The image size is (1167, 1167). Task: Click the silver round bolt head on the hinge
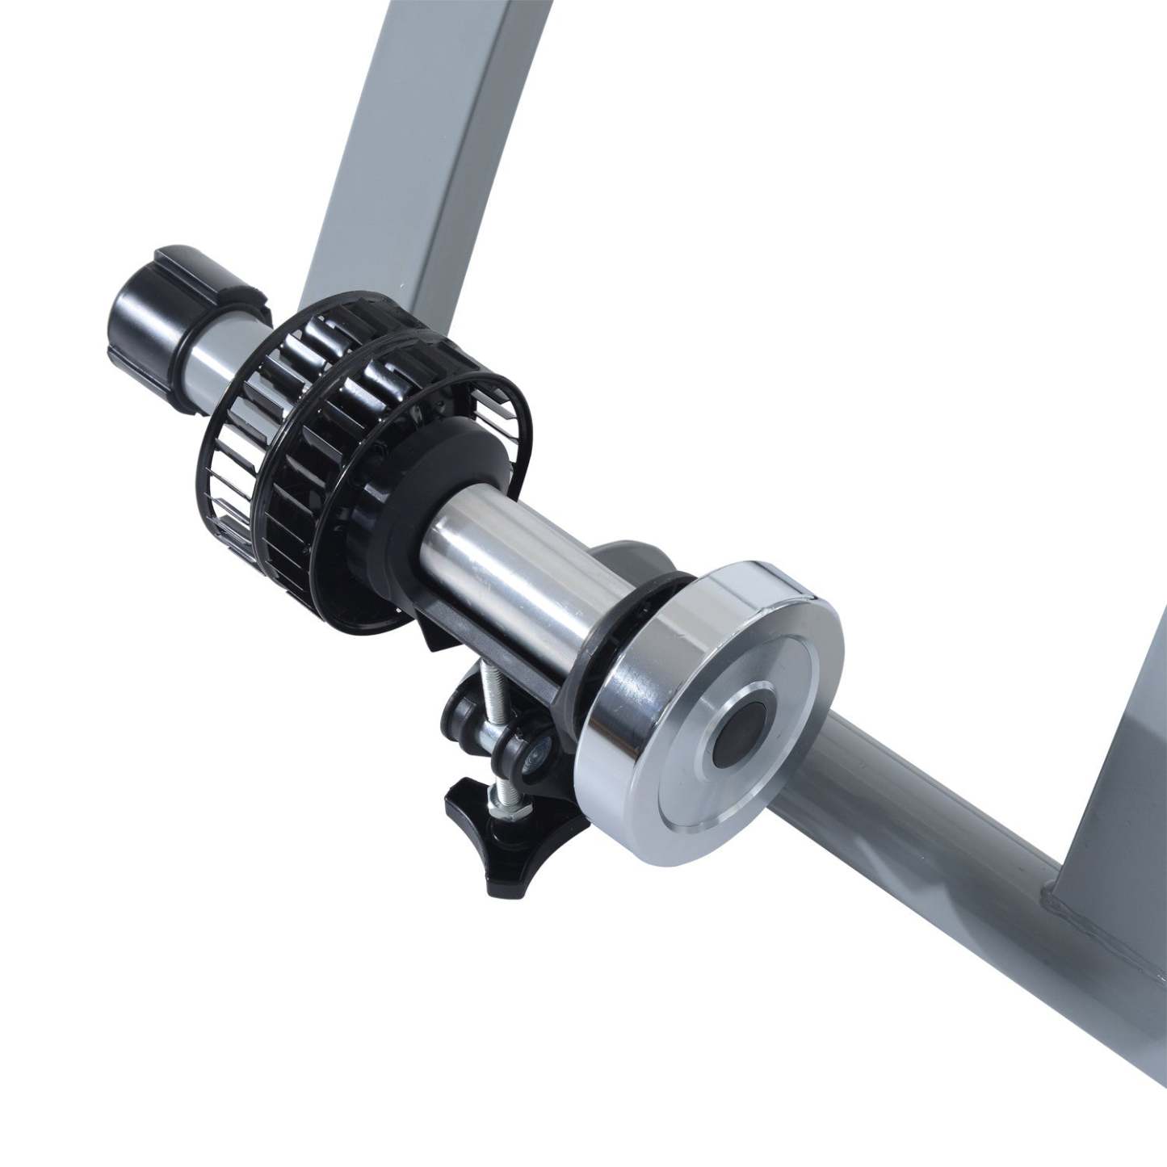(x=535, y=754)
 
